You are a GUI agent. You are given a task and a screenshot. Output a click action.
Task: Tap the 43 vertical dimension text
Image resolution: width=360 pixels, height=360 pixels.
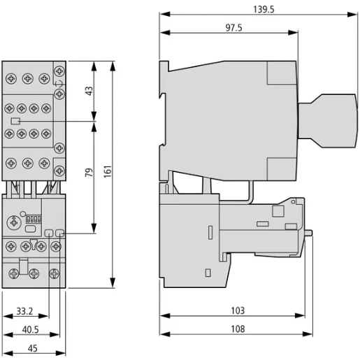tap(88, 92)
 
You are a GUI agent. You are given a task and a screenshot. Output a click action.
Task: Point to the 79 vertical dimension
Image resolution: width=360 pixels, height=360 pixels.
tap(88, 173)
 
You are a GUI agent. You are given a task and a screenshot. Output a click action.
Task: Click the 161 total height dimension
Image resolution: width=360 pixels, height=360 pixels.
tap(107, 173)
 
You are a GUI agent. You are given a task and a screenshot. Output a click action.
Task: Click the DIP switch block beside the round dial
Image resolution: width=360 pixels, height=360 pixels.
tap(32, 219)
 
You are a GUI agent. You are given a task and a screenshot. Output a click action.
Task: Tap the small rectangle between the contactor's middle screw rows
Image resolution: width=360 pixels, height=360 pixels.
tap(15, 120)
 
